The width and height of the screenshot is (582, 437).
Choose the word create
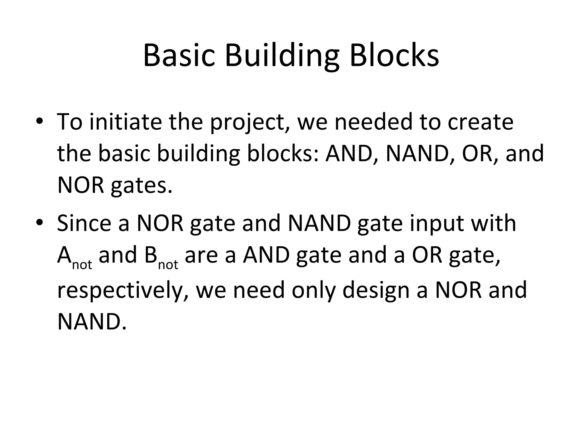(480, 121)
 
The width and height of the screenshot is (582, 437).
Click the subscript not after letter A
(82, 265)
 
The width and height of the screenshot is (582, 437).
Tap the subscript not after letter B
(168, 265)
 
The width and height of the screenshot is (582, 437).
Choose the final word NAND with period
(92, 322)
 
